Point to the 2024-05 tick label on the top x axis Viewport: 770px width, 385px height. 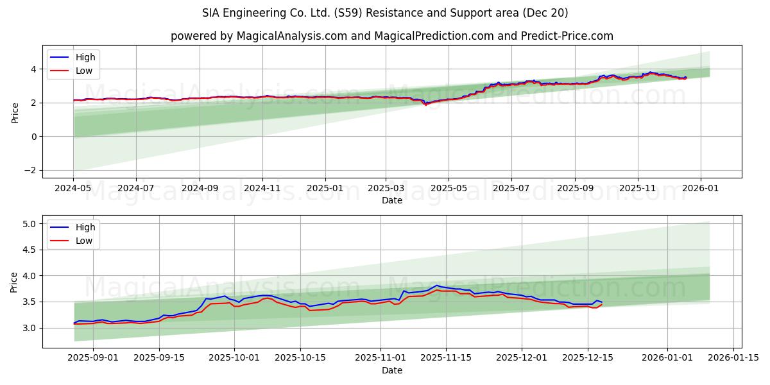[x=73, y=189]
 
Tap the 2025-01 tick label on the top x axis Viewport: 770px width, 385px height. [x=325, y=189]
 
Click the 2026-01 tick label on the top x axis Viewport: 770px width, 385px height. [x=700, y=189]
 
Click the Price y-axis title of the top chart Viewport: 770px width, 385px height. [x=15, y=113]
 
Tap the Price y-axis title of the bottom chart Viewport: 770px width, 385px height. [x=15, y=282]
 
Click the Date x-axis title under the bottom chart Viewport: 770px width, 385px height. [x=392, y=370]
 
